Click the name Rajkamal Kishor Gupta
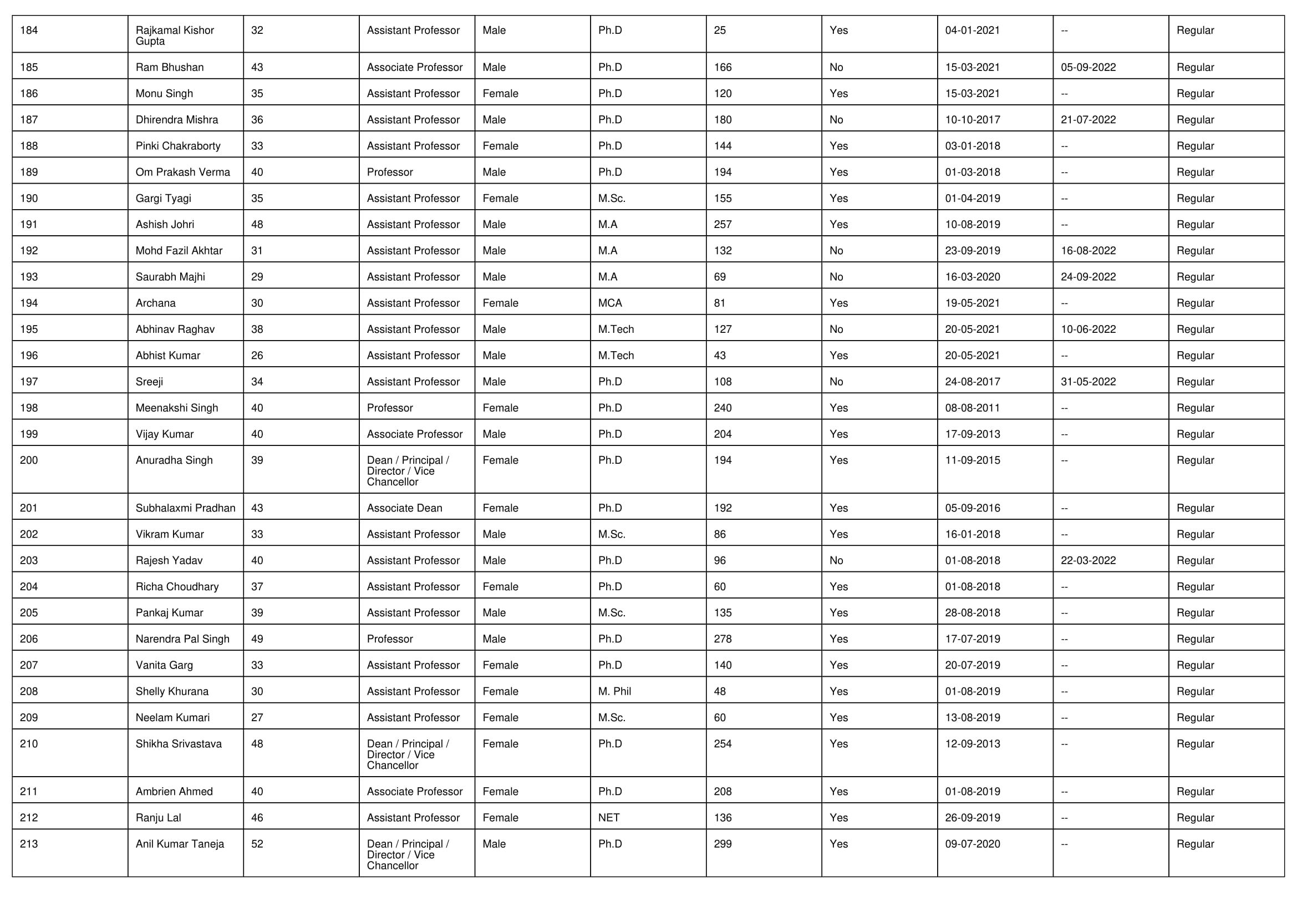click(x=174, y=36)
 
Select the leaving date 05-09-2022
click(x=1088, y=67)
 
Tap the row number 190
click(x=29, y=198)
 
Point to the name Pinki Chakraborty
click(x=178, y=146)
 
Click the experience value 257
click(x=723, y=224)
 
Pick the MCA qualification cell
click(x=609, y=303)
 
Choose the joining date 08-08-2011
click(x=972, y=408)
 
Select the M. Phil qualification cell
click(x=614, y=691)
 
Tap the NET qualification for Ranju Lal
click(x=608, y=818)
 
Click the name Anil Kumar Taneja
click(x=180, y=844)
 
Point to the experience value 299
click(x=723, y=844)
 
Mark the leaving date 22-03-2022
click(x=1088, y=560)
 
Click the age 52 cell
click(x=257, y=844)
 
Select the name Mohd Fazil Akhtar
click(x=179, y=251)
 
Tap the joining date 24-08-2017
click(x=972, y=382)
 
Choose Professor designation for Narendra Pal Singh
click(x=390, y=639)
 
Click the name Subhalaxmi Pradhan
click(x=185, y=508)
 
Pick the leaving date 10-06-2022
click(x=1088, y=330)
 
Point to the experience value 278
click(x=723, y=639)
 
